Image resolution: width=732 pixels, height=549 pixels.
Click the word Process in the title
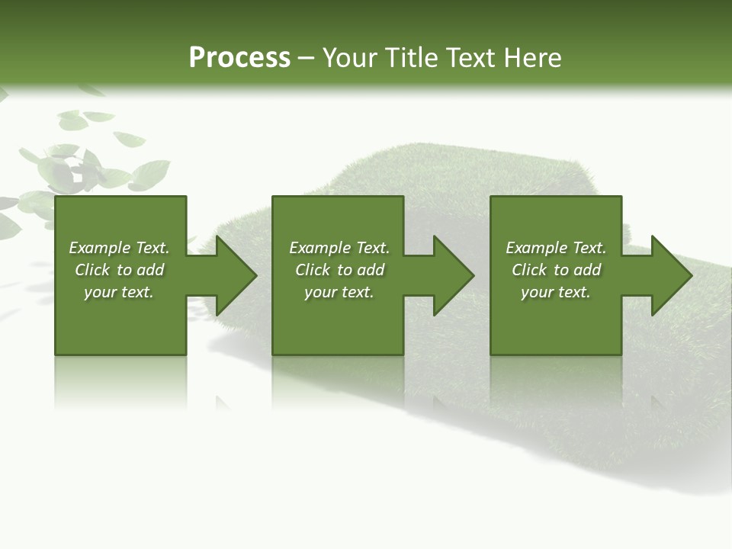pos(239,58)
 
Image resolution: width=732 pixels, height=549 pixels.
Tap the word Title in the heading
pos(409,58)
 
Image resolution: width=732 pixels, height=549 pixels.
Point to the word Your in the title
pos(352,58)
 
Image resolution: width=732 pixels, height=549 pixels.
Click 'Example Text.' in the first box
pos(119,248)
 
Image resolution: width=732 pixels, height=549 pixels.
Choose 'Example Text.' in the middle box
pos(339,248)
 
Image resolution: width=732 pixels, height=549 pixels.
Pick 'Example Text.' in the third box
pos(556,248)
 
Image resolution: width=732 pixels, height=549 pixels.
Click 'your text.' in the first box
pos(119,292)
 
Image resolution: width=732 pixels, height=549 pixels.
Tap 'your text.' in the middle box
pos(339,292)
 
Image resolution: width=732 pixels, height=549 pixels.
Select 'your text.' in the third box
pos(556,292)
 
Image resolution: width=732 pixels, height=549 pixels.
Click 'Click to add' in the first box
pos(119,270)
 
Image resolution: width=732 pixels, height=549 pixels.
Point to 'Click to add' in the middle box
pos(339,270)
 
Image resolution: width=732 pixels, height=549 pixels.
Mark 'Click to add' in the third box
pos(556,270)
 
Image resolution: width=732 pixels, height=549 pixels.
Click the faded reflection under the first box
pos(120,381)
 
